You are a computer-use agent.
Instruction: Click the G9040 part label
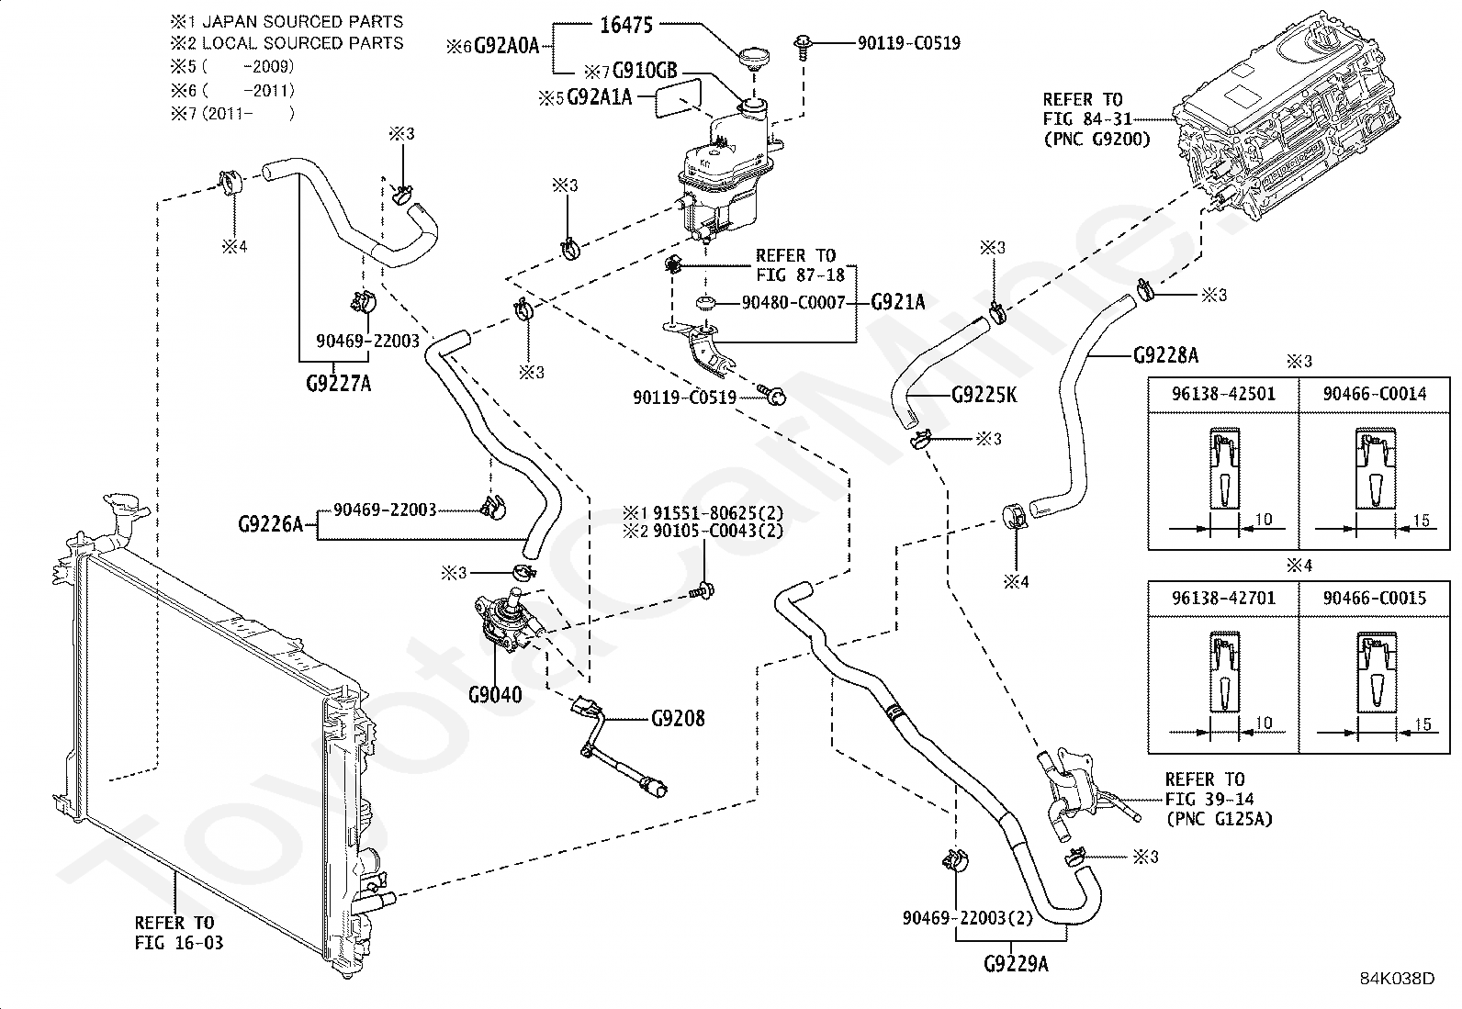pos(494,694)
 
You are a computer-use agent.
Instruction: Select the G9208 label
pos(678,718)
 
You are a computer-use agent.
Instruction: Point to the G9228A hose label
pos(1165,355)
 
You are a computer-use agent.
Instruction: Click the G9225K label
pos(984,395)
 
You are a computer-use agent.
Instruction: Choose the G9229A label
pos(1016,964)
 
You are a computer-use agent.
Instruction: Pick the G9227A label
pos(338,383)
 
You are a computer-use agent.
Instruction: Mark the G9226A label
pos(270,524)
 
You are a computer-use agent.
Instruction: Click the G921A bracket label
pos(897,301)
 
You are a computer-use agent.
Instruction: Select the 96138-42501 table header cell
pos(1222,394)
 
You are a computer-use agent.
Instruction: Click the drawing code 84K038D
pos(1397,979)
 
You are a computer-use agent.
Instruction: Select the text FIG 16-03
pos(178,943)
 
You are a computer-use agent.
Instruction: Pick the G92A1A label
pos(599,96)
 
